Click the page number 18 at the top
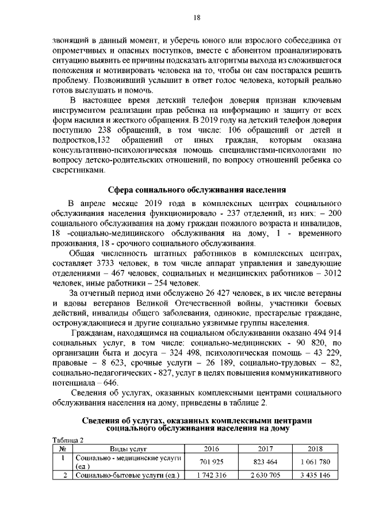[x=196, y=17]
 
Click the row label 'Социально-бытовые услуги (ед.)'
[x=128, y=475]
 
